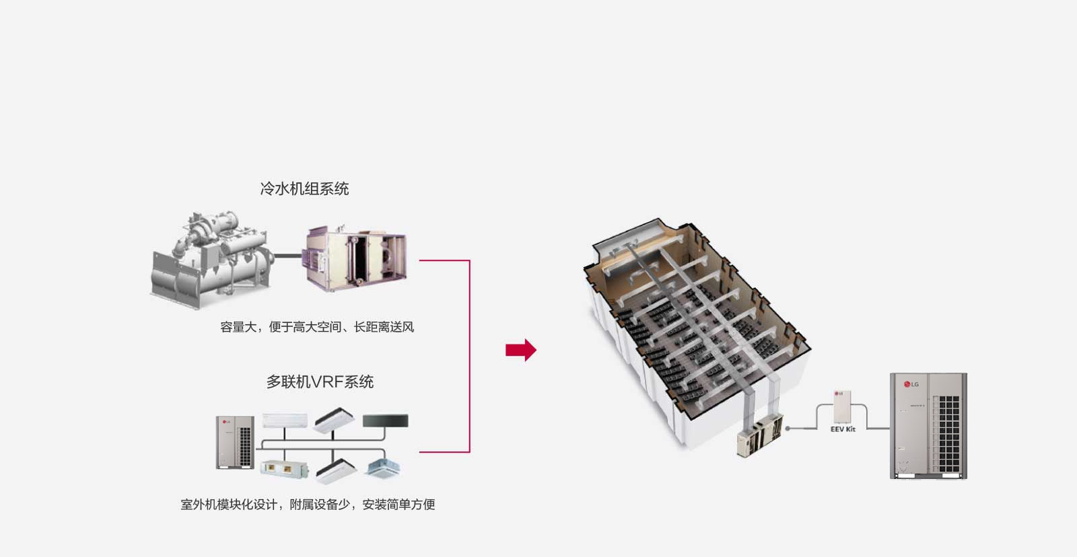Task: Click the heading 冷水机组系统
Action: click(x=304, y=189)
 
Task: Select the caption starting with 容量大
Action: click(x=316, y=327)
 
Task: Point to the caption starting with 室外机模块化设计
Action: click(x=308, y=505)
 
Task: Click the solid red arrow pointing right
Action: click(x=520, y=350)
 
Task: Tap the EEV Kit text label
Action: click(x=842, y=429)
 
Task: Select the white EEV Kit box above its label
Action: click(x=842, y=406)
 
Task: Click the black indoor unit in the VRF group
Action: click(x=385, y=422)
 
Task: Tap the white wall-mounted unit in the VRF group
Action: click(x=284, y=421)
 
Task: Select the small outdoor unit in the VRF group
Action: click(x=235, y=442)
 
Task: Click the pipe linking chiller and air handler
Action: click(x=288, y=256)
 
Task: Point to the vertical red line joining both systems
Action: click(x=469, y=356)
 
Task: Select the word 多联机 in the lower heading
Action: click(x=283, y=382)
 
